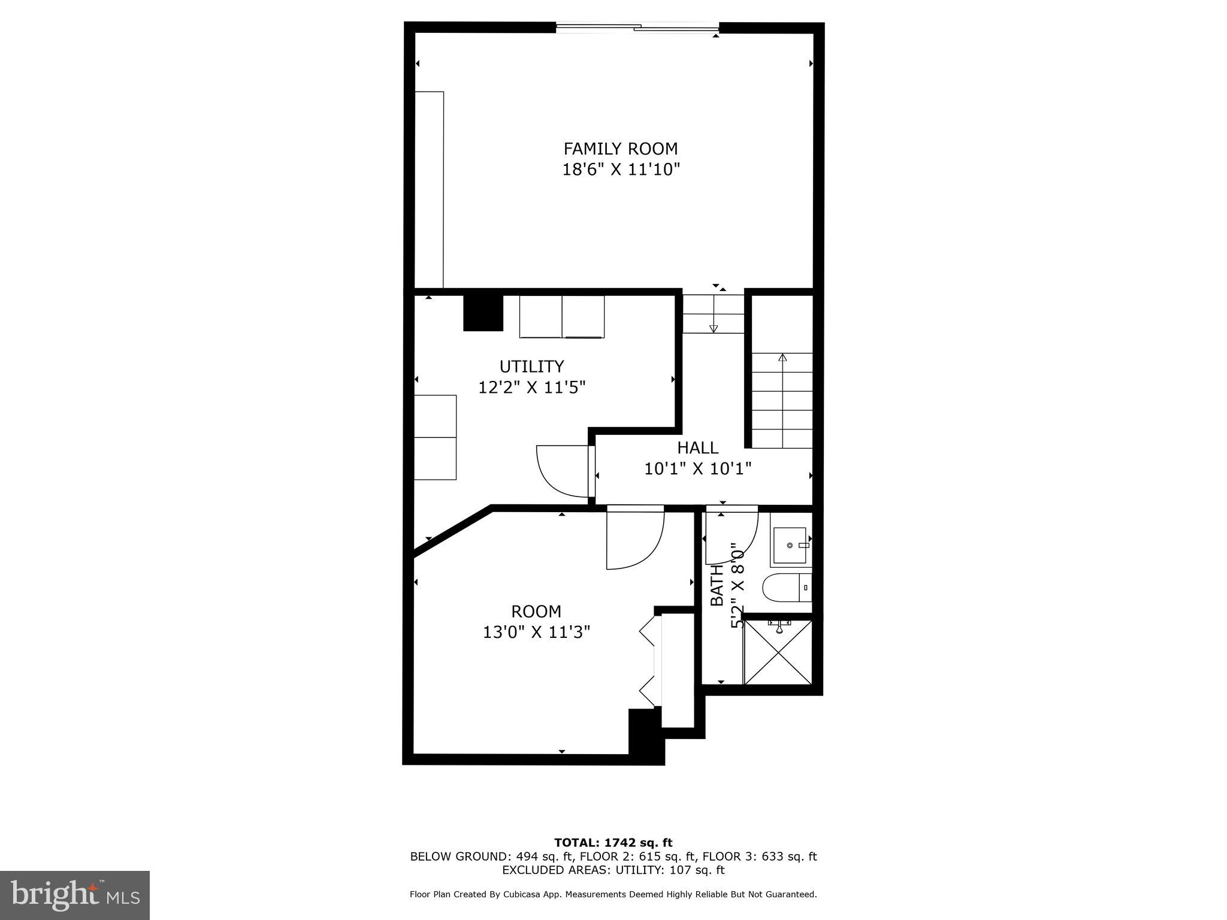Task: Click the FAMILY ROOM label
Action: click(x=620, y=149)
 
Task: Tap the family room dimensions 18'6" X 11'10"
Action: click(x=620, y=170)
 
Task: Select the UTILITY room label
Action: click(x=531, y=366)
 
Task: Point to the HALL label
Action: click(x=697, y=447)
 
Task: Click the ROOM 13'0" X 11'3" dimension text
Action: click(x=536, y=632)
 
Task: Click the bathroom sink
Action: click(x=790, y=546)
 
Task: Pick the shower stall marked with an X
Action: click(x=778, y=653)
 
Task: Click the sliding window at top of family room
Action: click(x=637, y=27)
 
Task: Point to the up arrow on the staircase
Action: click(x=782, y=358)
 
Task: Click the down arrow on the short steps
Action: click(x=713, y=328)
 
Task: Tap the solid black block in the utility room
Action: click(x=483, y=313)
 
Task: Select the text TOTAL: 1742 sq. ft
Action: click(x=613, y=843)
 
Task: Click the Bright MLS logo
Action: click(x=75, y=895)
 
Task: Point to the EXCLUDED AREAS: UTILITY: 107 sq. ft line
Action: click(x=613, y=870)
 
